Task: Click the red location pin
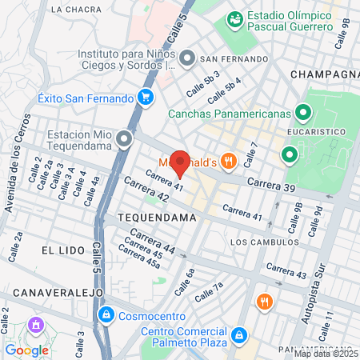181,162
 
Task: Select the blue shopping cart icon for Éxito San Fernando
145,98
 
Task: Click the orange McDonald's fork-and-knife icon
229,161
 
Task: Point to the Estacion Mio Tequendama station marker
124,140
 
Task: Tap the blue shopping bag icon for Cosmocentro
106,315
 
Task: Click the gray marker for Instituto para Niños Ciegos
187,58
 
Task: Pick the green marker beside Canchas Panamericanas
302,113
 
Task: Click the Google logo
27,350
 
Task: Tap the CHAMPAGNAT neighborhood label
325,74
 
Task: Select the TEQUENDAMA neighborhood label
157,218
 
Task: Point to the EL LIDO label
62,250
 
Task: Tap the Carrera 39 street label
271,185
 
